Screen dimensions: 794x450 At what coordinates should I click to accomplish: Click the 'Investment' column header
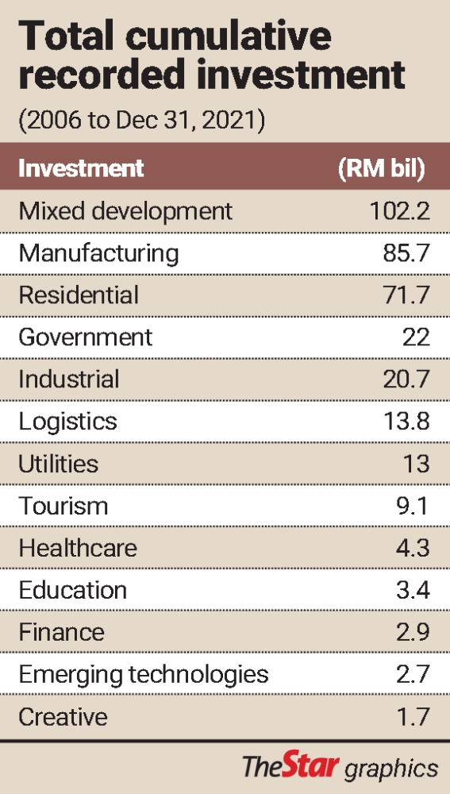[81, 168]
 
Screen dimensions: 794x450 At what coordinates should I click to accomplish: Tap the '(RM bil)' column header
[381, 168]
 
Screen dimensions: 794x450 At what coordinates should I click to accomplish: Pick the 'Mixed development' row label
[125, 210]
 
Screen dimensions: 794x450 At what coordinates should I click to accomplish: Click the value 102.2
[400, 210]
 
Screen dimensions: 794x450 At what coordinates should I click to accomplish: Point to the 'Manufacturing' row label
[98, 252]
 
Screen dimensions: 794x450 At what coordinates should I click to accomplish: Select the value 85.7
[406, 252]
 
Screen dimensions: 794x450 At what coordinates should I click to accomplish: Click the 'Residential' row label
[79, 295]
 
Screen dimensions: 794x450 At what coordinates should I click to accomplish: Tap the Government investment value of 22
[416, 337]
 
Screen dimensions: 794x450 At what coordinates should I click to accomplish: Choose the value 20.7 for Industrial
[406, 379]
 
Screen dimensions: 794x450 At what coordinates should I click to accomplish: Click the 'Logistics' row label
[67, 421]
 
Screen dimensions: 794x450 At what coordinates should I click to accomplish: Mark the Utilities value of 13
[417, 463]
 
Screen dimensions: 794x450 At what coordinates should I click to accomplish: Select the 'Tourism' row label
[63, 506]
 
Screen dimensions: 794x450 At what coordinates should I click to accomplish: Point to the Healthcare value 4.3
[412, 548]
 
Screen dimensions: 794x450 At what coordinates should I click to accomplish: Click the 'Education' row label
[72, 590]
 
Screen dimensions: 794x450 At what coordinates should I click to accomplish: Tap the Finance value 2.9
[412, 632]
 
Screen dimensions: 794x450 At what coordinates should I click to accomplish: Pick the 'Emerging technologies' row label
[144, 674]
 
